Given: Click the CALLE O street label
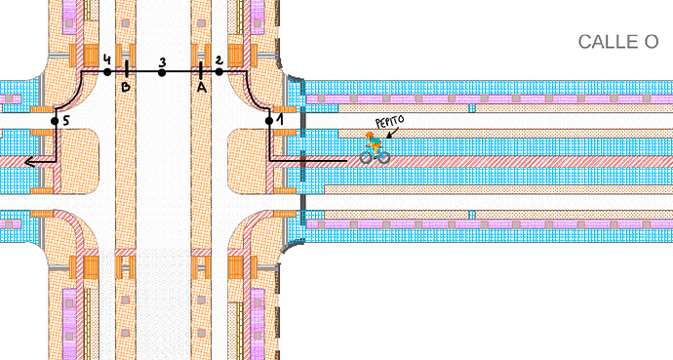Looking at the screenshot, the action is point(618,42).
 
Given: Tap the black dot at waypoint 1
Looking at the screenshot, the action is point(269,121).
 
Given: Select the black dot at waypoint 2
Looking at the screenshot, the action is point(218,71).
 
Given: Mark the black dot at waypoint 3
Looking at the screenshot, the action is point(162,72).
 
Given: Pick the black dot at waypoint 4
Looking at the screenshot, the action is point(107,72).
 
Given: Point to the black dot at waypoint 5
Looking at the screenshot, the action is point(55,121).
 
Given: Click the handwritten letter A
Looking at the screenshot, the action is point(202,88).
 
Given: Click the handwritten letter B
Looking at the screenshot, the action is point(125,87).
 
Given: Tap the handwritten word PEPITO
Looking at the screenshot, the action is point(390,121).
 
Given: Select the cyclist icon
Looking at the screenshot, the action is point(375,148).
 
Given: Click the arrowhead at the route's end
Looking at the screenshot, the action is point(30,162).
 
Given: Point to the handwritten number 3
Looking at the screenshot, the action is point(162,62).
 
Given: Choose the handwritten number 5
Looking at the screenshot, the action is point(65,121).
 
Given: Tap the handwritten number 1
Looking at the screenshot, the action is point(280,120).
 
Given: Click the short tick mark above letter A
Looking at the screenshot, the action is point(201,71).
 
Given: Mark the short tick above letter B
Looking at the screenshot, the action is point(127,69).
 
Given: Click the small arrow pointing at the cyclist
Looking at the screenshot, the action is point(391,134).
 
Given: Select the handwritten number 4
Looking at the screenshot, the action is point(107,60).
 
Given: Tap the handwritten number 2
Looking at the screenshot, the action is point(218,60).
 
